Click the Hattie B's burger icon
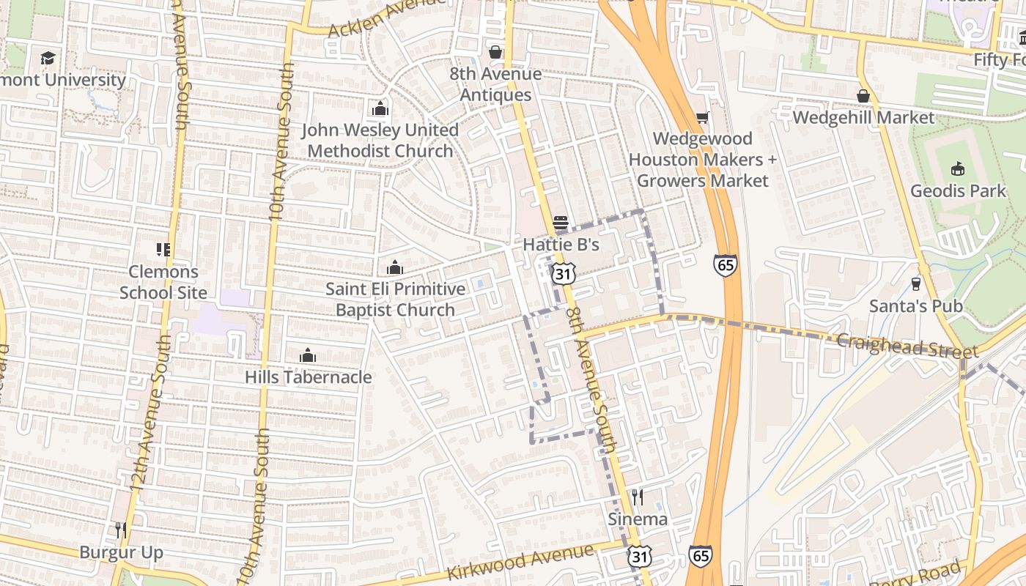[x=561, y=222]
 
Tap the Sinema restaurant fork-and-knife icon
[x=638, y=497]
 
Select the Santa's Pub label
[x=915, y=305]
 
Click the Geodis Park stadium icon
[x=957, y=169]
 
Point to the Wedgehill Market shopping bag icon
[x=863, y=96]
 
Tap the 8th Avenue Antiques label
[x=495, y=84]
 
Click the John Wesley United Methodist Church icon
[x=380, y=109]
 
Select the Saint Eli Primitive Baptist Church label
[x=396, y=300]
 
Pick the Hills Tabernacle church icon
[x=308, y=356]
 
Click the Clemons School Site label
[x=163, y=282]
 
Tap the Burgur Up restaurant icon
[x=121, y=530]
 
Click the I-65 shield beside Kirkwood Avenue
[x=700, y=556]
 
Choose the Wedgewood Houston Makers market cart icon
[x=702, y=117]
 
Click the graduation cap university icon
[x=48, y=58]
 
